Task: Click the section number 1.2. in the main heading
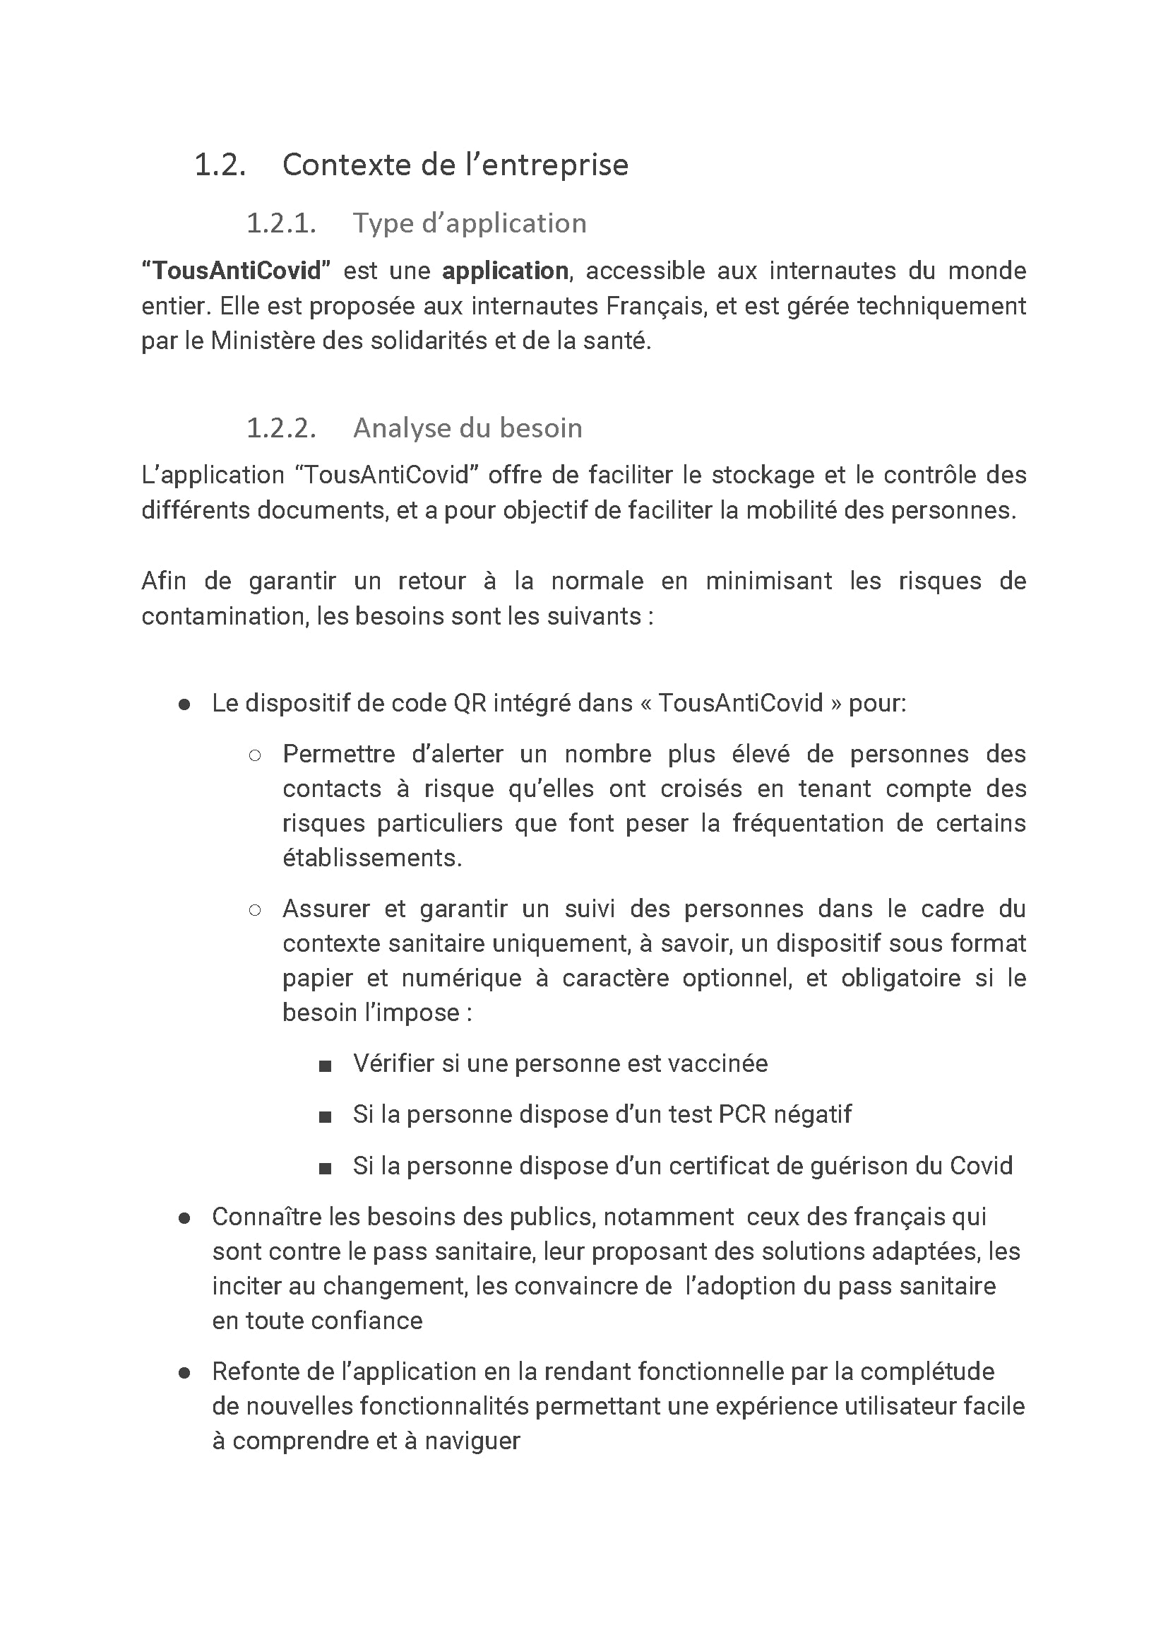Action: coord(220,165)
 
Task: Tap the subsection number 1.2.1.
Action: coord(280,223)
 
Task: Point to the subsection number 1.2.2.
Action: coord(280,428)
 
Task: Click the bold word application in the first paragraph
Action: coord(505,271)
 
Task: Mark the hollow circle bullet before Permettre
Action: coord(255,755)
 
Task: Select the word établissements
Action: coord(372,858)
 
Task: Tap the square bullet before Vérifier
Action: coord(325,1066)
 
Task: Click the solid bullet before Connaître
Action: coord(184,1218)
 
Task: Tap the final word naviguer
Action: coord(472,1441)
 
